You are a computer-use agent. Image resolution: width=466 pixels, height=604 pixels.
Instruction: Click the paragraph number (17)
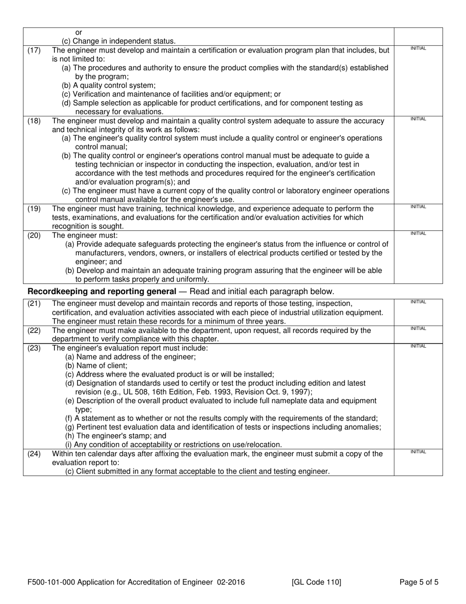34,50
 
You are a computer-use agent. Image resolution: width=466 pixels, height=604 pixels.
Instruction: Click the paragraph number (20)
34,235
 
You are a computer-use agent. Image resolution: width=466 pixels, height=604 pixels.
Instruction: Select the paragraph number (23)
34,348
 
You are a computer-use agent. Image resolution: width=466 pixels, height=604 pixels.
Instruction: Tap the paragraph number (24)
34,454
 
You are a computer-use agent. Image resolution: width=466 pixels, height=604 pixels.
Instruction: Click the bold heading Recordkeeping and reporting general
102,291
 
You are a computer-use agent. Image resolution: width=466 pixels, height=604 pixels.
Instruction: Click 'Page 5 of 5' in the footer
419,583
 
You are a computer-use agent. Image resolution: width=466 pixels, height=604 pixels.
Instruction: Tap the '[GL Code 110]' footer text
316,583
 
